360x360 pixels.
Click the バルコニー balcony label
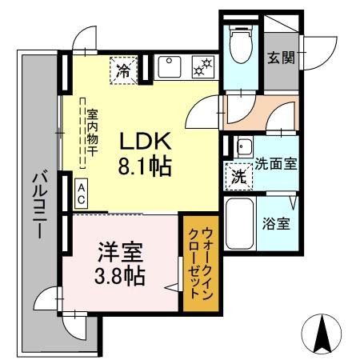38,204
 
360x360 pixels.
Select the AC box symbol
82,191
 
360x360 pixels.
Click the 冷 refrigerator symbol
123,69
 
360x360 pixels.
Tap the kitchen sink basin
169,67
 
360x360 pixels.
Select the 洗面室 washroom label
276,164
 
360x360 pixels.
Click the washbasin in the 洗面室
243,147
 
